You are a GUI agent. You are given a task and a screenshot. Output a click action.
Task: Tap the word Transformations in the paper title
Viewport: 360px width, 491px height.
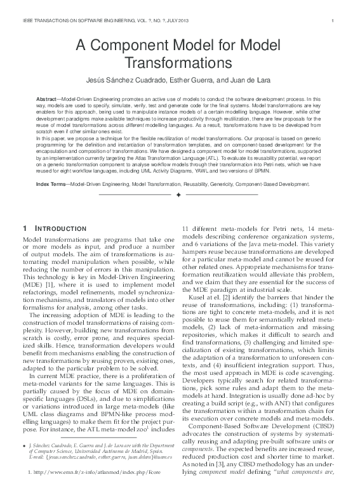(x=180, y=63)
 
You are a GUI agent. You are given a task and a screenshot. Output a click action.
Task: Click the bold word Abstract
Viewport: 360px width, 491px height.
(x=48, y=101)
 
